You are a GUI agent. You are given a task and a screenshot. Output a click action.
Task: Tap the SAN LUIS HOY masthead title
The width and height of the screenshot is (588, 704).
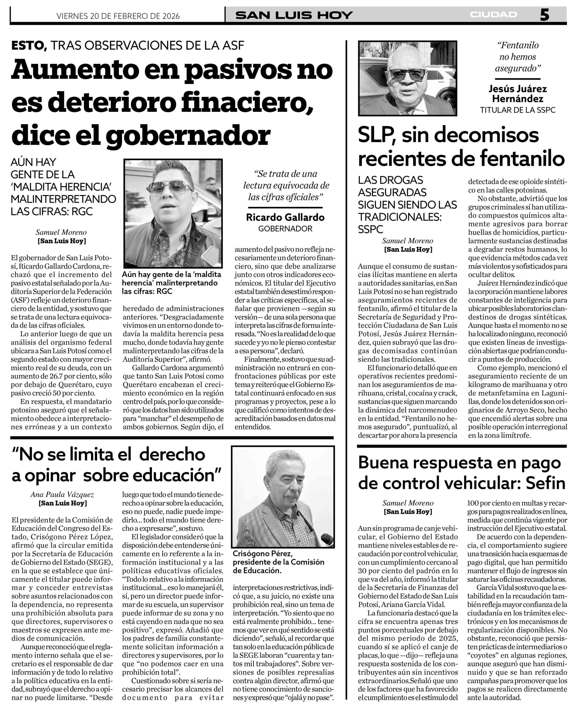point(294,15)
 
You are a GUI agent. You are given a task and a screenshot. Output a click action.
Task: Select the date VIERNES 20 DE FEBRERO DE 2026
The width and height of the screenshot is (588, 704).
point(118,16)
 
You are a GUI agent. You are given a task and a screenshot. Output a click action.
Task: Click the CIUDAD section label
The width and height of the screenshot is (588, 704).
point(493,14)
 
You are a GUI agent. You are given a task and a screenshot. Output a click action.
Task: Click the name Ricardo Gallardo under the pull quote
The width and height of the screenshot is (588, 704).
point(285,217)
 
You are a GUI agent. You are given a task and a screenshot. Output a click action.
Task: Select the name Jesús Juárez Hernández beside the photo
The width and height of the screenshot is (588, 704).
point(517,94)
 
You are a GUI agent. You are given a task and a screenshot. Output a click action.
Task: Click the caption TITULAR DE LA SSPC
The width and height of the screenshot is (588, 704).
point(517,110)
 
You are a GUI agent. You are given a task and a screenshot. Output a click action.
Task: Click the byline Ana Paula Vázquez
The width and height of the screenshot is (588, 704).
point(62,494)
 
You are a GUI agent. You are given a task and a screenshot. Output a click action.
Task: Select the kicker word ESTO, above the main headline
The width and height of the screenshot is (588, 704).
point(29,45)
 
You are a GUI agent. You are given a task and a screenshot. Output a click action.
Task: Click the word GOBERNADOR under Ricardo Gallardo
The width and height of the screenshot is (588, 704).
point(285,229)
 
